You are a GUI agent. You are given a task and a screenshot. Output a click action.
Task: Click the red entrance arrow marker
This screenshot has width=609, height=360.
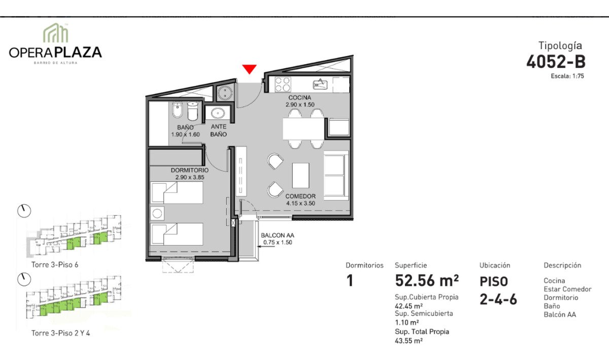click(249, 69)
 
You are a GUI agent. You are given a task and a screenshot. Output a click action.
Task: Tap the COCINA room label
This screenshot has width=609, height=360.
click(299, 97)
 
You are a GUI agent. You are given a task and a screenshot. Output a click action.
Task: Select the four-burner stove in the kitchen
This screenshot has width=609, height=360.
click(283, 84)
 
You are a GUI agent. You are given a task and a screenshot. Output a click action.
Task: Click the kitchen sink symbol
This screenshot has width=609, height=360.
click(320, 84)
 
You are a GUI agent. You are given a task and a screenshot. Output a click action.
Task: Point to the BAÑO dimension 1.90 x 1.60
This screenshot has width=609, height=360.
click(185, 135)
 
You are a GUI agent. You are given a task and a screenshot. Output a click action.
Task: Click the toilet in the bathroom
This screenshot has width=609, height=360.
click(193, 111)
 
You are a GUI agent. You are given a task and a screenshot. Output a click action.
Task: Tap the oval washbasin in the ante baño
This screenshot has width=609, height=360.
click(218, 113)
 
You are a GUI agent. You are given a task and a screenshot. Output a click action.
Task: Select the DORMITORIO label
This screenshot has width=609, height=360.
click(189, 170)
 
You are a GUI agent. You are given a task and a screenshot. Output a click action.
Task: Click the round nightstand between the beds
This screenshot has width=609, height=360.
click(157, 213)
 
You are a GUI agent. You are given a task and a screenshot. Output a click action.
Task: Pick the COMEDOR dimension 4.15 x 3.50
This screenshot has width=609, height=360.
click(300, 203)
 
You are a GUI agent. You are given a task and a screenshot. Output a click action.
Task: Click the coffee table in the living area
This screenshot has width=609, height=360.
click(300, 176)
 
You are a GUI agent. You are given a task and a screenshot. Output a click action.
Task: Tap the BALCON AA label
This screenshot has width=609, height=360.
click(278, 236)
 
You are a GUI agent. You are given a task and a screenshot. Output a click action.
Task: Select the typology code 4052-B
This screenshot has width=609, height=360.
click(556, 62)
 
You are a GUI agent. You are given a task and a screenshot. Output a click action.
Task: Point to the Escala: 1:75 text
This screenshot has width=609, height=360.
click(567, 76)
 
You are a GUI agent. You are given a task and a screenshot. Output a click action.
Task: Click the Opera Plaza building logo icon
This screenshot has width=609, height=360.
click(56, 33)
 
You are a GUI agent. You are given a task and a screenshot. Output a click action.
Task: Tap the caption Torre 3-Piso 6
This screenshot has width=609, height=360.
click(55, 265)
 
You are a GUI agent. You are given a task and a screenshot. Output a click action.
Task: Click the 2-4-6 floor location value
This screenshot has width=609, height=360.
click(498, 300)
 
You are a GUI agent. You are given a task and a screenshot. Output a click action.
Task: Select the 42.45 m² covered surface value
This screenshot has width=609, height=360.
click(409, 306)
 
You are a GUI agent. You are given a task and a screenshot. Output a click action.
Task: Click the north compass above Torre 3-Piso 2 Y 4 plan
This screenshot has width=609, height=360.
click(24, 279)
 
